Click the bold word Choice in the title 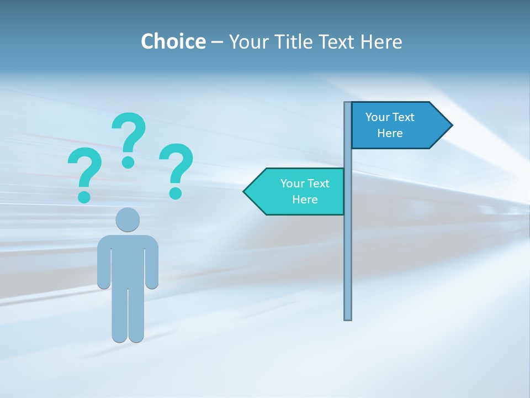click(x=173, y=41)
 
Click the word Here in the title click(x=381, y=41)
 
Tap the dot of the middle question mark click(x=128, y=162)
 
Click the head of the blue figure click(x=128, y=219)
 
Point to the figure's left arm click(x=103, y=263)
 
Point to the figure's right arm click(x=152, y=263)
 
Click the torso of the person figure click(x=128, y=260)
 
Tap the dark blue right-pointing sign click(x=395, y=125)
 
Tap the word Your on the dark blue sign click(x=377, y=117)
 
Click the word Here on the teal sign click(x=305, y=200)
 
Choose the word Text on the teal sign click(x=318, y=184)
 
